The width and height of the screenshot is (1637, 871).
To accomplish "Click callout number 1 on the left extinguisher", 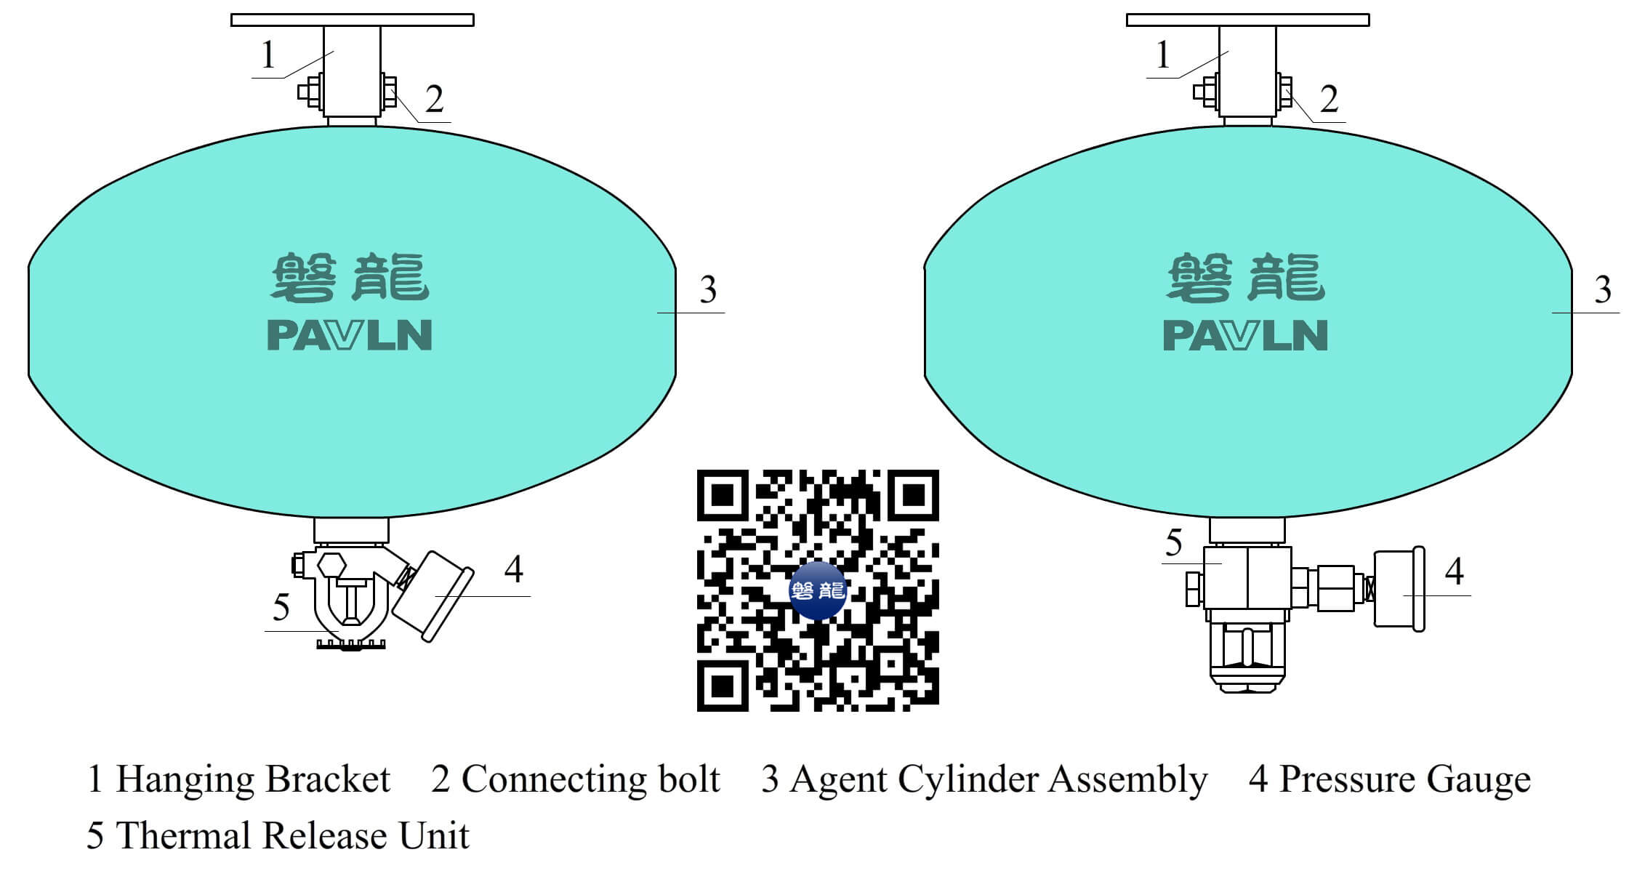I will [268, 55].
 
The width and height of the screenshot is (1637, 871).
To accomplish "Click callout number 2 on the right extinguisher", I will [1328, 99].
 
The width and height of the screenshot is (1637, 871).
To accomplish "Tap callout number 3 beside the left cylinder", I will [708, 289].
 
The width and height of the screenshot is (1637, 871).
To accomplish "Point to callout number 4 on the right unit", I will [1454, 571].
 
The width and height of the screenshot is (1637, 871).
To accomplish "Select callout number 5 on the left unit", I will [281, 607].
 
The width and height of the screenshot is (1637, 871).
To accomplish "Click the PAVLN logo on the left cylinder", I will [350, 335].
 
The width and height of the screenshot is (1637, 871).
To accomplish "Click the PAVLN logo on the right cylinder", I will [1245, 335].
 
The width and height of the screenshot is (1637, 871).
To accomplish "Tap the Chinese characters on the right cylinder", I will [1246, 277].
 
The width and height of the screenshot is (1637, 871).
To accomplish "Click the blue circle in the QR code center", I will [818, 590].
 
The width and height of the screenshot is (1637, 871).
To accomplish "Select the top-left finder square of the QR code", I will [723, 495].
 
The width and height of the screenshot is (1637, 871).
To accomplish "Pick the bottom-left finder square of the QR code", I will [723, 686].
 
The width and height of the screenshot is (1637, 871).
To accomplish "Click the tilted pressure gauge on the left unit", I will [433, 595].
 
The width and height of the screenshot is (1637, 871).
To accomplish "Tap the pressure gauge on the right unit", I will [1398, 589].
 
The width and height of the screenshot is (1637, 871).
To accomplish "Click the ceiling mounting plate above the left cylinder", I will [353, 20].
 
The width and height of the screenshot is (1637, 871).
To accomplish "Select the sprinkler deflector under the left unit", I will [352, 643].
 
